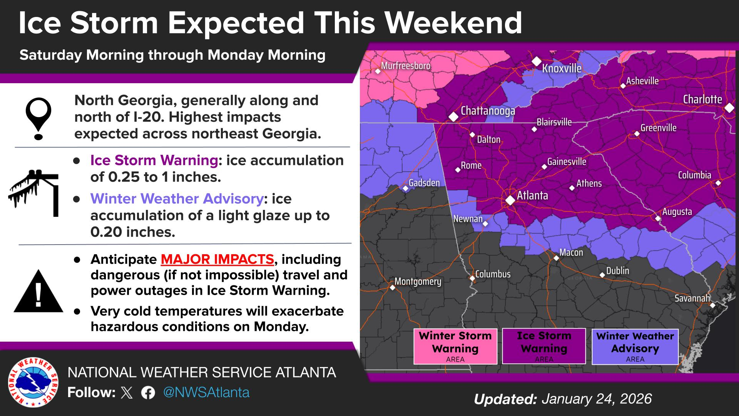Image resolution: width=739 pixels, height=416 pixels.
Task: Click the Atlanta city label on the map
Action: pos(532,196)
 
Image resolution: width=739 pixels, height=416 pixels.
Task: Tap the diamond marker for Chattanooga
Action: pos(454,116)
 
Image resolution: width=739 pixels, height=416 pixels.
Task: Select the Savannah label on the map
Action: pos(692,298)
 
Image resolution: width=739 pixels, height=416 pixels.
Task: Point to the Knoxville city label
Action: pos(562,69)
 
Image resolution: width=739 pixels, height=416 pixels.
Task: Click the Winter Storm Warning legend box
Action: pos(455,346)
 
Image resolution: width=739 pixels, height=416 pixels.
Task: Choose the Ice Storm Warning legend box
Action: pos(544,346)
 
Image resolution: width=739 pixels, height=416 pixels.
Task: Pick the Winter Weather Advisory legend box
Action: pos(635,346)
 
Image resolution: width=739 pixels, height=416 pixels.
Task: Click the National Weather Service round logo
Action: pos(33,382)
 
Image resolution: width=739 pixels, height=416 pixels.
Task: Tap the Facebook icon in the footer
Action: pos(148,393)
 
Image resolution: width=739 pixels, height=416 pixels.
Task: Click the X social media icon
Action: pos(127,393)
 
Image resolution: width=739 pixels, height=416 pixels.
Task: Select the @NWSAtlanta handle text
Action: pos(206,393)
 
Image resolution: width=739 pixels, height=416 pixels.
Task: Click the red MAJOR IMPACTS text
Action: pos(217,259)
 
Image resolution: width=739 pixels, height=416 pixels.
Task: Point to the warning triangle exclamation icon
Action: pos(38,292)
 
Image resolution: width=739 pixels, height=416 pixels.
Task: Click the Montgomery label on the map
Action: pos(418,282)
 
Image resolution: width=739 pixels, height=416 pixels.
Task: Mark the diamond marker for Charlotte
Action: pos(729,108)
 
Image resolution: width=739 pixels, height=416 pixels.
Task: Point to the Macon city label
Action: pos(571,253)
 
